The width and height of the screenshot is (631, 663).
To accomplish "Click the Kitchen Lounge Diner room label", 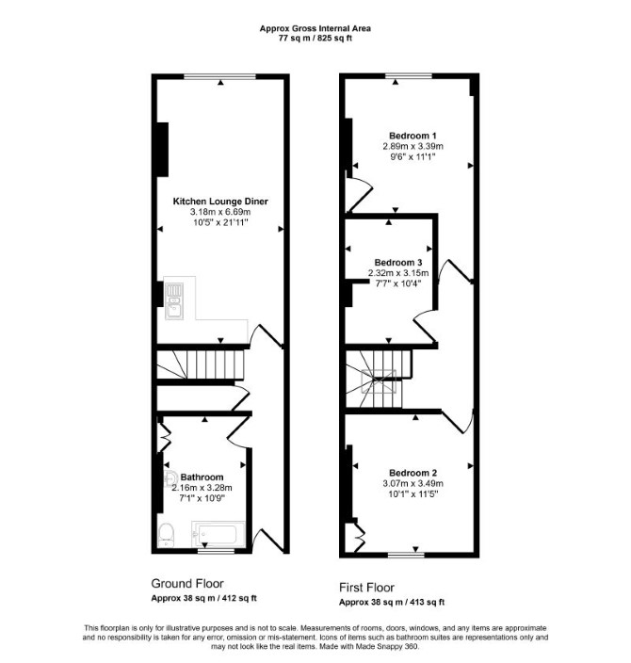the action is pos(220,202).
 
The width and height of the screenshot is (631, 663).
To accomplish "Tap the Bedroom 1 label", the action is pos(413,136).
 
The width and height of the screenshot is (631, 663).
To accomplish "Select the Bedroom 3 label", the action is pos(398,263).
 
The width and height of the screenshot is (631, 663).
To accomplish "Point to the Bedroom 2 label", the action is pos(413,473).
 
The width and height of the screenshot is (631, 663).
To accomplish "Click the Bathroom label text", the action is pos(202,477).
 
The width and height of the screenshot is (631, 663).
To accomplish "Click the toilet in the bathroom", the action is pos(166,535).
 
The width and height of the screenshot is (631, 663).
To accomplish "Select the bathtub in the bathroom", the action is pos(218,534).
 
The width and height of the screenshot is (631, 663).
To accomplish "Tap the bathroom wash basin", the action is pos(170,477).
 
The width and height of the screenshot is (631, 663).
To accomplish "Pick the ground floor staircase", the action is pos(201,364).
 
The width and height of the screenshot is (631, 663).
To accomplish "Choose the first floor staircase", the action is pos(379,379).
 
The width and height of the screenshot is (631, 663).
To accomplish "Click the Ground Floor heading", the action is pos(187,584).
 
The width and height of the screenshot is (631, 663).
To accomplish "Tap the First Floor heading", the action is pos(366,588).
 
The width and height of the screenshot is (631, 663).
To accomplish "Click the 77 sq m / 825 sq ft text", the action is pos(315,38).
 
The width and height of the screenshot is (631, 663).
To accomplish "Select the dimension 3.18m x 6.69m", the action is pos(220,212).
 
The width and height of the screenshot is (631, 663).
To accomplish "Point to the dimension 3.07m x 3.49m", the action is pos(413,483).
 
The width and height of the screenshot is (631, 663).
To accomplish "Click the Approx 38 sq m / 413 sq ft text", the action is pos(392,602).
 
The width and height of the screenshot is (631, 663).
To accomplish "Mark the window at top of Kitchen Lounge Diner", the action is pos(220,76).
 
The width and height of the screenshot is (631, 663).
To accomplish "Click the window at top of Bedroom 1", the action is pos(409,75).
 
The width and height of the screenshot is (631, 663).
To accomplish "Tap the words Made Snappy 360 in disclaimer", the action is pos(386,646).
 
